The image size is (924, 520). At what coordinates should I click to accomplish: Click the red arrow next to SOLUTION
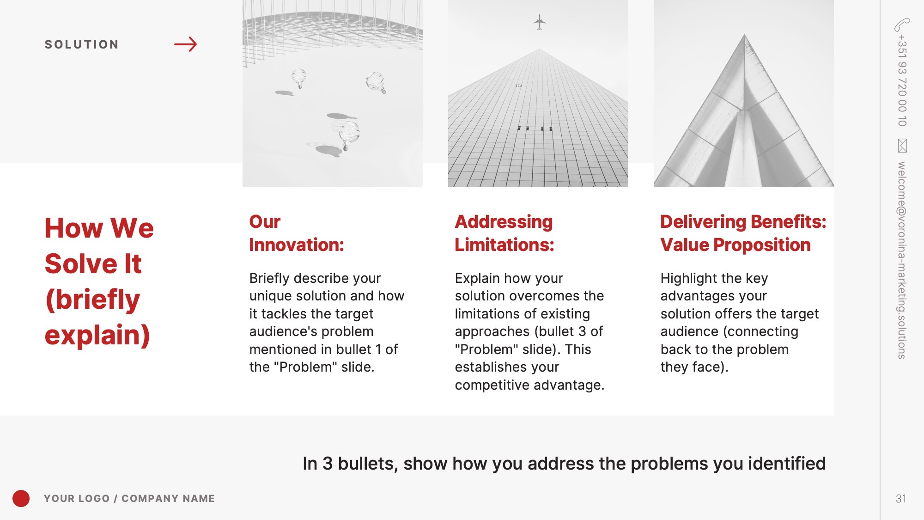186,44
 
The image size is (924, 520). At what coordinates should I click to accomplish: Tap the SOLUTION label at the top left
82,44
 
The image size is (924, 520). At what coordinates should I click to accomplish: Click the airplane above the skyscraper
539,22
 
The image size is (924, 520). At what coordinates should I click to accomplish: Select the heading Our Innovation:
297,233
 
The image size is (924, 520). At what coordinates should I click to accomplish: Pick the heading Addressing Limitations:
504,233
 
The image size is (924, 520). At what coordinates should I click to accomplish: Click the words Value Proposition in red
736,245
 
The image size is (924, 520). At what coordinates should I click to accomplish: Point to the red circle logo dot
21,498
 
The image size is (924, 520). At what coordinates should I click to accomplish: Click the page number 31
901,498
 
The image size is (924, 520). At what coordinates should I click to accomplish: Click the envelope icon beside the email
902,146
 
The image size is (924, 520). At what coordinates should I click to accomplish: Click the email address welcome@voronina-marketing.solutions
902,260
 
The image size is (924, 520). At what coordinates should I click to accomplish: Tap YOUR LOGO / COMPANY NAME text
129,498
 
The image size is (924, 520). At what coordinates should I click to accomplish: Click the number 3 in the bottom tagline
328,464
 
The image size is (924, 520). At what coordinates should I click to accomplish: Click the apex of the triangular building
744,34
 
